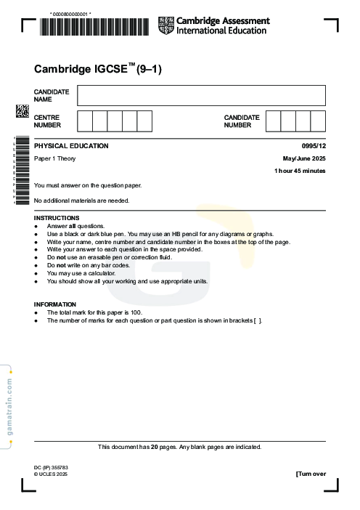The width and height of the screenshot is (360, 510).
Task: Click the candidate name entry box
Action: [201, 95]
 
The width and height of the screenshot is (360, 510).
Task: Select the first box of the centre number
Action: [84, 121]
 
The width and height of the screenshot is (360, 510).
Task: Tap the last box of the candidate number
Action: [318, 121]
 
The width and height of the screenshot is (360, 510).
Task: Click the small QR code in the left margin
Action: [22, 111]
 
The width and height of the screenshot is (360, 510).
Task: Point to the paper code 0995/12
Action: [314, 146]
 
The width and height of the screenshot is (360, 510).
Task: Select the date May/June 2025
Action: [304, 158]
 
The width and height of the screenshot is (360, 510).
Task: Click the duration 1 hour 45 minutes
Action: [300, 171]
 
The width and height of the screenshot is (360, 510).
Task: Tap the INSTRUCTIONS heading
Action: [57, 218]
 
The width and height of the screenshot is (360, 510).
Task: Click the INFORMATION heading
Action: [55, 304]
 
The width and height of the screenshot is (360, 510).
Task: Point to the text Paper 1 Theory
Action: [55, 158]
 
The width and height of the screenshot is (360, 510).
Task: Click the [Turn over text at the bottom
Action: [311, 474]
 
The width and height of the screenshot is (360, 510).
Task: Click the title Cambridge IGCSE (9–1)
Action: [98, 70]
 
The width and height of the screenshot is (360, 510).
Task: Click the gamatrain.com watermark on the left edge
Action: [9, 407]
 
